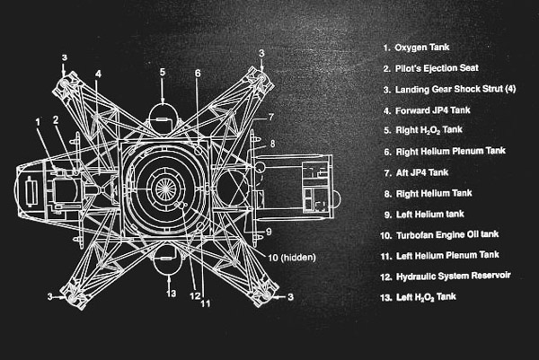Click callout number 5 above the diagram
click(x=163, y=72)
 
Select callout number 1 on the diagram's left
click(x=38, y=121)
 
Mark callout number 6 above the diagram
click(x=198, y=74)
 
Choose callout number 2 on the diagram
click(x=56, y=119)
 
